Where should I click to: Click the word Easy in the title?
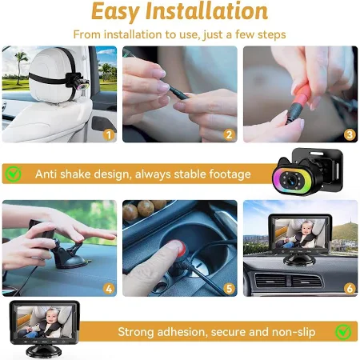(x=115, y=12)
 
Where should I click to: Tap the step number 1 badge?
(x=109, y=135)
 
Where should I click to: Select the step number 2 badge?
(x=229, y=135)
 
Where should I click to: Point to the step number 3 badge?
(x=350, y=135)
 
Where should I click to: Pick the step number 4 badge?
(x=109, y=289)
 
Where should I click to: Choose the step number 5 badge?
(x=229, y=289)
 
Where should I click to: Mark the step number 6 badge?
(x=350, y=289)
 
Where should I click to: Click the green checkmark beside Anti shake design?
(x=14, y=174)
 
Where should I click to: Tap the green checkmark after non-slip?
(x=343, y=332)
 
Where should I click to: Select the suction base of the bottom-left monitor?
(x=43, y=351)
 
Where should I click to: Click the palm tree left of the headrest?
(x=20, y=66)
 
